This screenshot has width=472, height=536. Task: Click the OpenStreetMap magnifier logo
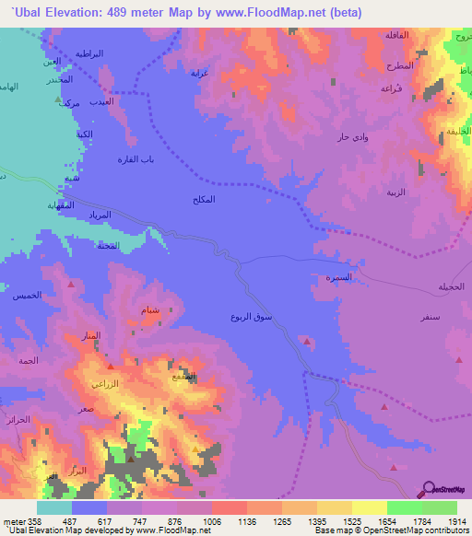coord(429,489)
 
